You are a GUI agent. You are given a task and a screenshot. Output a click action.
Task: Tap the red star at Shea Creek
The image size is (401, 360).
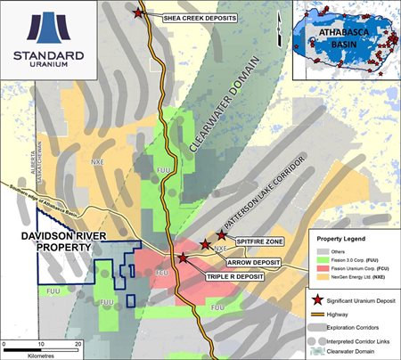point(138,12)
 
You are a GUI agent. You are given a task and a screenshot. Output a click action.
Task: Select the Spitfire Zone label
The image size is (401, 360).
point(258,241)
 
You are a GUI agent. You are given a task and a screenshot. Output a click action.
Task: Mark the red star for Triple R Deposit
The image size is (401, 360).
point(184,258)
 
